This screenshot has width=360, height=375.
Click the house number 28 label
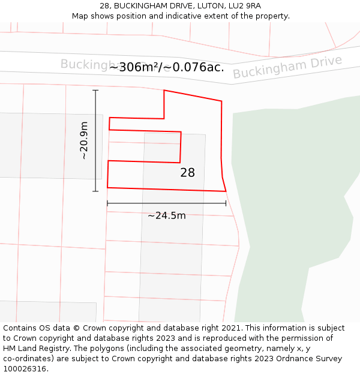coord(187,173)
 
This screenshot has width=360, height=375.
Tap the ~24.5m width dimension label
coord(167,215)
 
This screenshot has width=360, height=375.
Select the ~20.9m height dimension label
coord(84,140)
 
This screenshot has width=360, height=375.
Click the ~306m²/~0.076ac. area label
coord(167,67)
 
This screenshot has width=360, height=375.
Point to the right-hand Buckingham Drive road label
coord(287,67)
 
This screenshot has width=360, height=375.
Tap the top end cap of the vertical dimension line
coord(95,90)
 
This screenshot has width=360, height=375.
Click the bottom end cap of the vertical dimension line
coord(95,191)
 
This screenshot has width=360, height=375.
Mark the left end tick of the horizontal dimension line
coord(107,203)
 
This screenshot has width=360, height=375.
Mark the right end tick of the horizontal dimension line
coord(226,203)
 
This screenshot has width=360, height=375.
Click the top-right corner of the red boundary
coord(221,101)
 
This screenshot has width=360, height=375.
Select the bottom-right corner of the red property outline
coord(226,191)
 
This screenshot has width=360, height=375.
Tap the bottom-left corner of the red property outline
coord(107,187)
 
